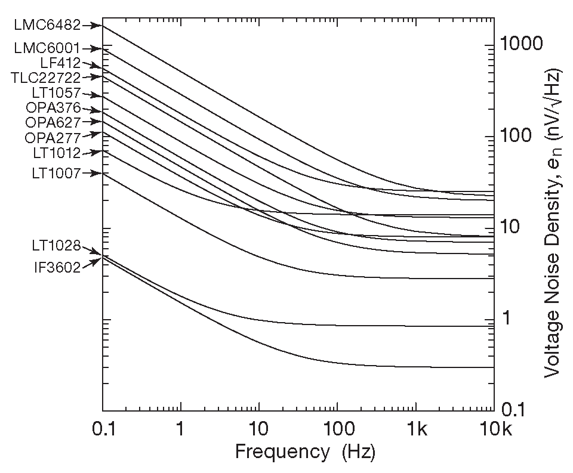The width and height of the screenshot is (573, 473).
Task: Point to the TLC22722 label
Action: pos(45,77)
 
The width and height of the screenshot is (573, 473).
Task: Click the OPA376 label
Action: pos(53,109)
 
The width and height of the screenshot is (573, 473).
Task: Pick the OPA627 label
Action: pos(53,123)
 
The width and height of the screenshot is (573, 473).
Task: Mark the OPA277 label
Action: pos(53,138)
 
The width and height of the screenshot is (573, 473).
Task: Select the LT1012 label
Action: pos(56,153)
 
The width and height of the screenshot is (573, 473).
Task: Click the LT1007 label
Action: pos(56,174)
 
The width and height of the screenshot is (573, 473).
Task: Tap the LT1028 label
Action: pos(56,245)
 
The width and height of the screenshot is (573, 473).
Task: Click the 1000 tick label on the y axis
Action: pos(522,44)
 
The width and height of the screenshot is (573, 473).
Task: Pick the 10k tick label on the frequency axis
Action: pos(494,429)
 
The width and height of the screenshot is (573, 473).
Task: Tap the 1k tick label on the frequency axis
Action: pos(416,429)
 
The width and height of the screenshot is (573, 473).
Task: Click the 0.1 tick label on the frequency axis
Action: pos(102,429)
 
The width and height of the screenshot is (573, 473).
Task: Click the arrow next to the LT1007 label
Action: pos(91,174)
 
